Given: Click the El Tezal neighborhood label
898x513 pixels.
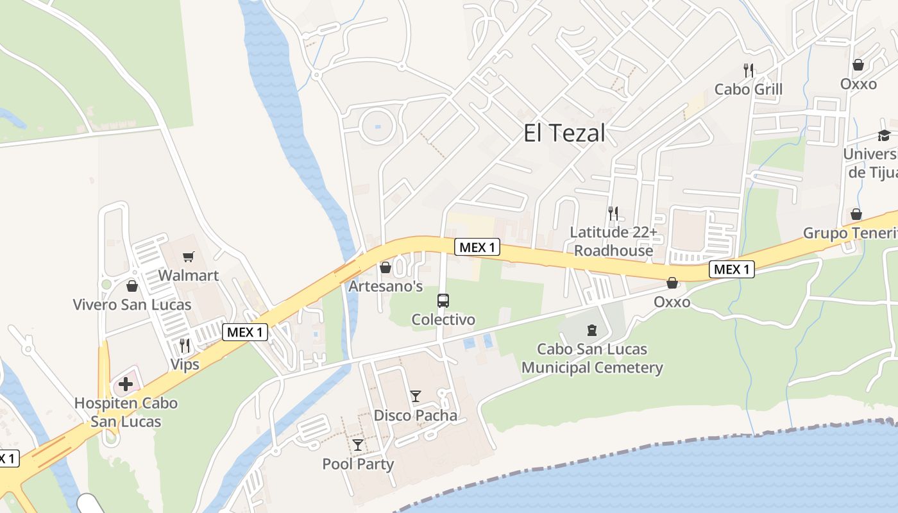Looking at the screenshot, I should [x=564, y=133].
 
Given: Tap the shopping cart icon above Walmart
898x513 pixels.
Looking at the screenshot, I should [x=188, y=257].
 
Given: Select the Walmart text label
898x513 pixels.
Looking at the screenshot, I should [x=188, y=276].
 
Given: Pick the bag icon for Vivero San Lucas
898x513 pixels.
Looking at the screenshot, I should [x=132, y=286].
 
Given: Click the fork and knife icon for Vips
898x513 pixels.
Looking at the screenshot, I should [x=185, y=346].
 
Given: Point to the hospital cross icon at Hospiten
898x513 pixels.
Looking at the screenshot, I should [x=126, y=385].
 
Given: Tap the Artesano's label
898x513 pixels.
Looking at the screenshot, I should [x=385, y=286].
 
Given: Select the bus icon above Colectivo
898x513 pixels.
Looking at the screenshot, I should [x=443, y=300].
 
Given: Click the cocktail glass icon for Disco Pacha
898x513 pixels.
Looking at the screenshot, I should [x=416, y=396].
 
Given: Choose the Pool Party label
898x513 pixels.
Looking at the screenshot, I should [x=358, y=464].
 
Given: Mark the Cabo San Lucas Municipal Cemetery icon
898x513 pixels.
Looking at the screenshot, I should [x=591, y=331].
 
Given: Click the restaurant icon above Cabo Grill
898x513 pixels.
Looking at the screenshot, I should [x=748, y=70].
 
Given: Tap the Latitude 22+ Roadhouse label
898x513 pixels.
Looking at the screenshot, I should [x=613, y=241].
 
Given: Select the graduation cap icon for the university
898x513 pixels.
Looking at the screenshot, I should [x=884, y=135].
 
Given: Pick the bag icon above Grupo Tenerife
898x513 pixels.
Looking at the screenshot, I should [x=856, y=214].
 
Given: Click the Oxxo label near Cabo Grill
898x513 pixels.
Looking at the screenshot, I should [x=858, y=84].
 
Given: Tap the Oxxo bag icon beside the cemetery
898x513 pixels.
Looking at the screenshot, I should [x=672, y=283].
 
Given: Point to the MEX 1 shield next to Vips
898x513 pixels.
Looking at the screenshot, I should [x=245, y=332].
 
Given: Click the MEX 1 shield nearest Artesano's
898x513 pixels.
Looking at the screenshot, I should [x=477, y=247].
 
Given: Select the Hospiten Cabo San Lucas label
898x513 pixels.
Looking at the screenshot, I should [x=126, y=412].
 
